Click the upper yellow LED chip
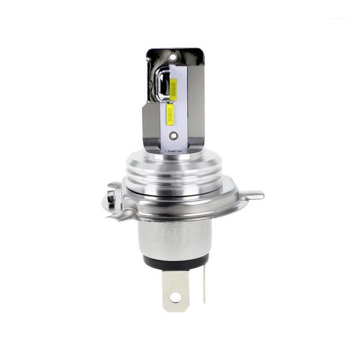point(173,89)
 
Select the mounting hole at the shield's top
point(173,58)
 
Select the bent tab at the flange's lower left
point(120,213)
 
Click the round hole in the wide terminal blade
point(175,296)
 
